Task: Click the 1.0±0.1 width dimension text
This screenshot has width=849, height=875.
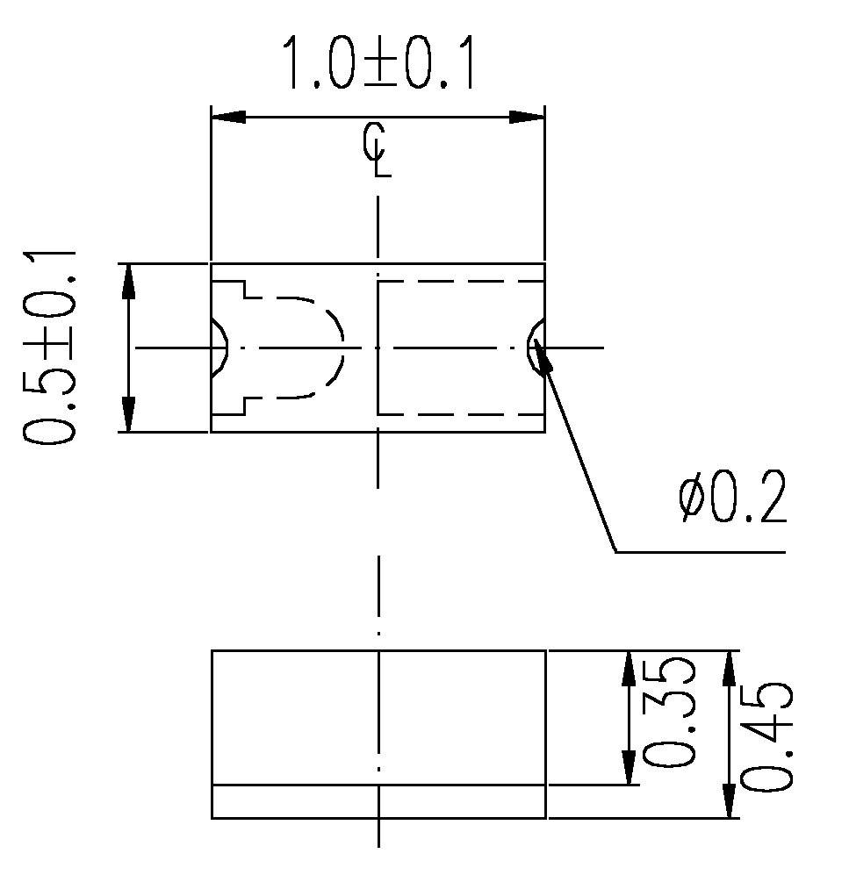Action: point(378,64)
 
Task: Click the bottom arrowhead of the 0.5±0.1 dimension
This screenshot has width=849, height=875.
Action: point(129,415)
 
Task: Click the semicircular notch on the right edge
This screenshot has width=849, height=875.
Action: point(536,348)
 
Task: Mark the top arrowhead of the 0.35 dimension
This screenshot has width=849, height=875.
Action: point(629,669)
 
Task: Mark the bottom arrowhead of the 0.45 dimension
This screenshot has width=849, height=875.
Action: point(728,800)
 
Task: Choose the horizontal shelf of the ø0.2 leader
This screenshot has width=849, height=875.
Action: point(698,552)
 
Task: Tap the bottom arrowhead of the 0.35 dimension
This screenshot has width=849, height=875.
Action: point(629,768)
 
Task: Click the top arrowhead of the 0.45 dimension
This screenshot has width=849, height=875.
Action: point(728,669)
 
